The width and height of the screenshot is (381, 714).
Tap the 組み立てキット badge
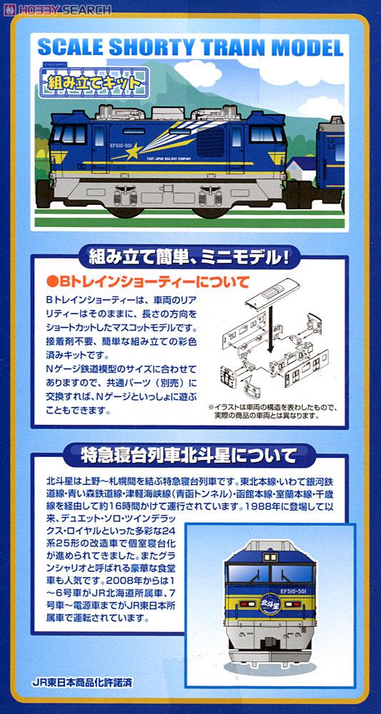click(x=95, y=80)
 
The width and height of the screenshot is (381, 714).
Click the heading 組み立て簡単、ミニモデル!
click(x=189, y=255)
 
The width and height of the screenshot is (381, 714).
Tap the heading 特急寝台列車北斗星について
click(x=189, y=454)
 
